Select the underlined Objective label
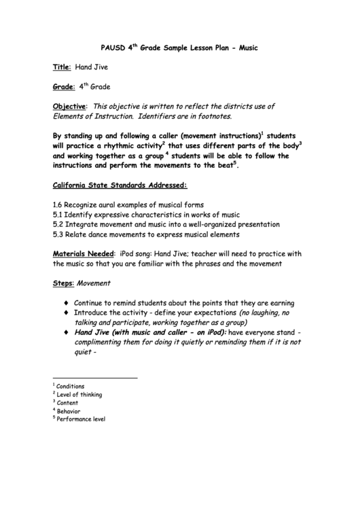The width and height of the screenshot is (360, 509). click(x=70, y=107)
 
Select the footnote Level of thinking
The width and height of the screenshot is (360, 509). click(x=79, y=395)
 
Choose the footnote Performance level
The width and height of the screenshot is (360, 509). click(x=81, y=420)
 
